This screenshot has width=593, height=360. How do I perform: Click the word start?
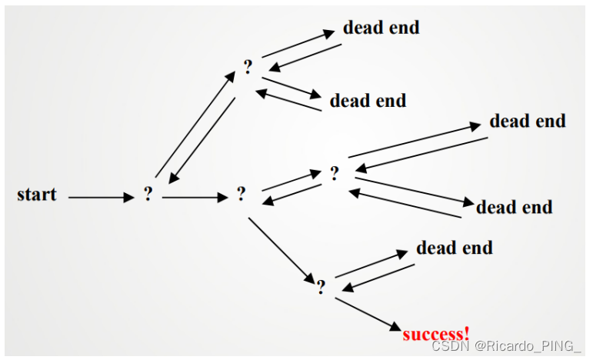pos(36,194)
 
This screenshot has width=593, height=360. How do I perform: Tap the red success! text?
pos(435,333)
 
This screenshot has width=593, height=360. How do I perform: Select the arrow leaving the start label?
pos(101,198)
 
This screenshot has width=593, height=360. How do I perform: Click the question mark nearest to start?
pos(148,195)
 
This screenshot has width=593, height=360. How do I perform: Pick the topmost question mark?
pos(248,67)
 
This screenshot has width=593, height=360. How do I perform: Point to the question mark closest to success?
pos(321,287)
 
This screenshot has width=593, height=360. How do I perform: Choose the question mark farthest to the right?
pos(334,173)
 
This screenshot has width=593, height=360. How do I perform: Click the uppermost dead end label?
pos(381,28)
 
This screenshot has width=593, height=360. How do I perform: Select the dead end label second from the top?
pos(368,101)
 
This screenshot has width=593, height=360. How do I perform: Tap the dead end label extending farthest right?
pos(527,121)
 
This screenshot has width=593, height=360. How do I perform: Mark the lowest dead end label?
pos(454,248)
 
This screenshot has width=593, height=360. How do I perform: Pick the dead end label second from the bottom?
pos(514,207)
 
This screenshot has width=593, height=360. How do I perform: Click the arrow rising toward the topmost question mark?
pos(196,123)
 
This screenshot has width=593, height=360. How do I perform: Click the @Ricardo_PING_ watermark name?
pos(527,347)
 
